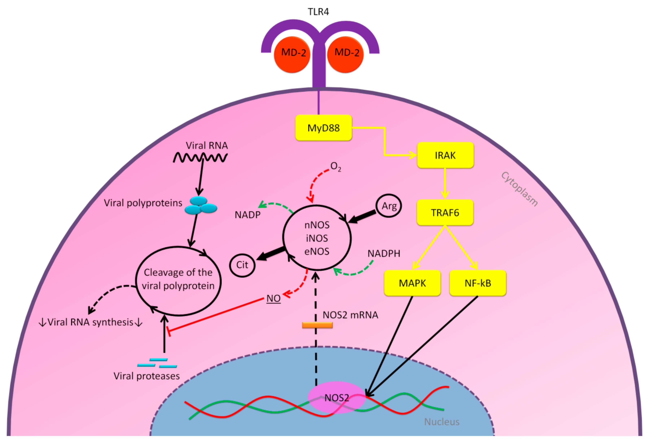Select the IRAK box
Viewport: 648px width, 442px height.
pos(445,155)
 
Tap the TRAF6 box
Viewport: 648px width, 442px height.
pos(445,213)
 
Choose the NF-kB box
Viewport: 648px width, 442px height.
pos(478,283)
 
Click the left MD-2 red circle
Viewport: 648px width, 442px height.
pos(292,54)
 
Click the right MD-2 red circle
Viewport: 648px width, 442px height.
pos(345,54)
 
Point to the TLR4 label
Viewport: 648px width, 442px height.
pos(318,12)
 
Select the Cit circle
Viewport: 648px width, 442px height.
pos(242,265)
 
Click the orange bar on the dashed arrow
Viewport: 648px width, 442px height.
pos(317,325)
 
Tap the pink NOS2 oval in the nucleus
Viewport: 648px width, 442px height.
pos(337,397)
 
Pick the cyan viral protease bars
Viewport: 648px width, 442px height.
pos(157,363)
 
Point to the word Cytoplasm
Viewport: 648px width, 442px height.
pos(519,189)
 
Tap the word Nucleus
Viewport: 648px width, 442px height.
pos(442,422)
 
